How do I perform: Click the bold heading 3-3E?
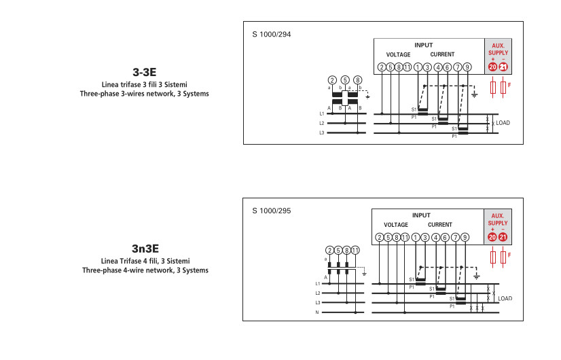[144, 71]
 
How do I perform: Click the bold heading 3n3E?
[145, 249]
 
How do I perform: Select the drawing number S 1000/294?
[271, 33]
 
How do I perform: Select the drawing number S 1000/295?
[271, 211]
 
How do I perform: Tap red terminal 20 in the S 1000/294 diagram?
[492, 67]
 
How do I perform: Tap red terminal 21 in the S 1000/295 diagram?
[503, 236]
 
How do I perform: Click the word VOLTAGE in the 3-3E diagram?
[398, 54]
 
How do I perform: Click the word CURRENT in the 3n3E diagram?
[440, 224]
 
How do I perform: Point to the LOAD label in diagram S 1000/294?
[503, 123]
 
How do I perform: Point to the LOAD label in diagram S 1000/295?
[505, 298]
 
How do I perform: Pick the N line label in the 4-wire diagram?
[316, 312]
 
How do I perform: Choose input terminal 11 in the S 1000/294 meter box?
[407, 67]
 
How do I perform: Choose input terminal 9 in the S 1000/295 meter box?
[465, 237]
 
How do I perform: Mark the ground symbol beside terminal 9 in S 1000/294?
[475, 94]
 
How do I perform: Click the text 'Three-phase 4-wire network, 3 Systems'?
[145, 270]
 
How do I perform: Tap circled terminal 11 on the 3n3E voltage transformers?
[355, 251]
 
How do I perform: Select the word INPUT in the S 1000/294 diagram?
[423, 45]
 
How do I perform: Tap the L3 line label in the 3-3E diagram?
[322, 133]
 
